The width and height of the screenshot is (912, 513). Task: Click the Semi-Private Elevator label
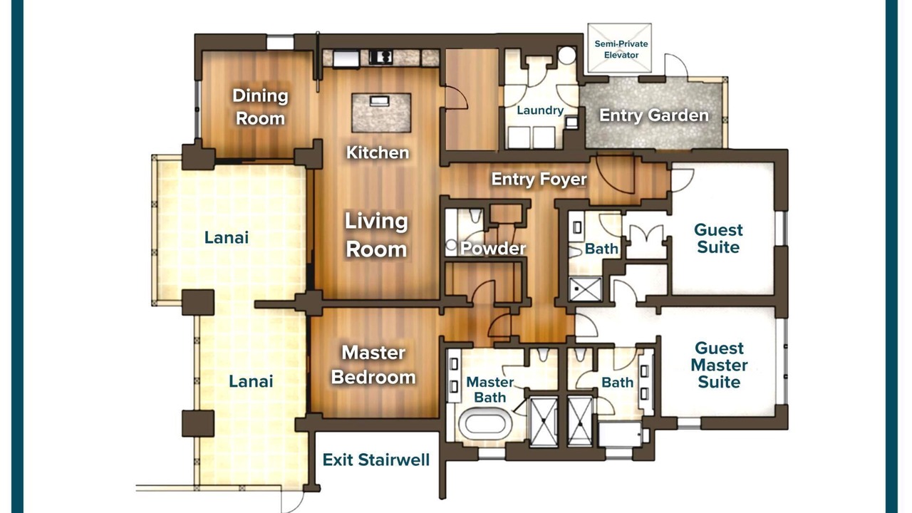click(x=621, y=49)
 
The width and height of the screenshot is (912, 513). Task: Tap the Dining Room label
click(x=260, y=107)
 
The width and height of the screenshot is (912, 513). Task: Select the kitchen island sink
click(x=380, y=100)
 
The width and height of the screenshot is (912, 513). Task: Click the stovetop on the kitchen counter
click(x=380, y=57)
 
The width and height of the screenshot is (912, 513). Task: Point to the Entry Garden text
click(x=654, y=115)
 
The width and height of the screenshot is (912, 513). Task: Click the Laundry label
click(x=540, y=110)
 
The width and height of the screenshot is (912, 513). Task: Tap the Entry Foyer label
click(x=539, y=179)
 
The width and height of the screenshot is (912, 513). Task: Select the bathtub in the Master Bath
click(x=485, y=424)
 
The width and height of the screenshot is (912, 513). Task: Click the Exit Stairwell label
click(x=375, y=460)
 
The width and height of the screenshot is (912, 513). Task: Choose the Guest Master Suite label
click(x=719, y=366)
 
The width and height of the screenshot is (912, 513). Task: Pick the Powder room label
click(x=493, y=249)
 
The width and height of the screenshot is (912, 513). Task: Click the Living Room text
click(x=376, y=235)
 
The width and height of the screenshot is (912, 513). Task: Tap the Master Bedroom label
click(x=373, y=365)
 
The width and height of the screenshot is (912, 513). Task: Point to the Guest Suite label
click(x=718, y=239)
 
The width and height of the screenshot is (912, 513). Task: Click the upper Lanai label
click(x=227, y=238)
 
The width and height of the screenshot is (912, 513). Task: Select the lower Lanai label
click(x=251, y=381)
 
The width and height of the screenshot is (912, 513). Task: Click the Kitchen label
click(x=378, y=152)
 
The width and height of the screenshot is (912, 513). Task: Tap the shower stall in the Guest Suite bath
click(x=586, y=289)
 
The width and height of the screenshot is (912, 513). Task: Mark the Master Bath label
click(x=489, y=390)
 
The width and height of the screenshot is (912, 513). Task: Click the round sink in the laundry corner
click(x=566, y=55)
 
